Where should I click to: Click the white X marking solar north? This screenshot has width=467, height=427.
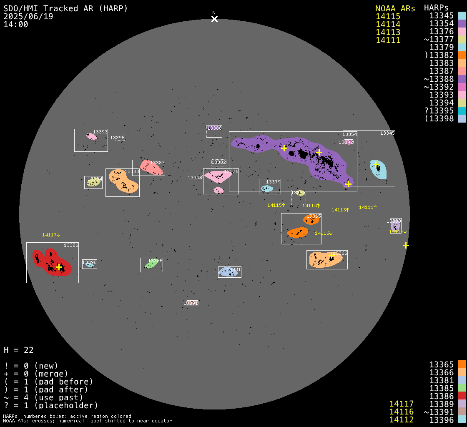pos(214,19)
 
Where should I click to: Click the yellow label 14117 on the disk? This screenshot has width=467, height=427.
pos(51,235)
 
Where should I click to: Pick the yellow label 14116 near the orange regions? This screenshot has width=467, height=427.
pos(323,234)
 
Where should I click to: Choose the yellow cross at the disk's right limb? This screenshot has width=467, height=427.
pos(406,245)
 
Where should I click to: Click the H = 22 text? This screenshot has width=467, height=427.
pos(19,350)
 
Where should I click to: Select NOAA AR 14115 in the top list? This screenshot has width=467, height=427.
pos(388,16)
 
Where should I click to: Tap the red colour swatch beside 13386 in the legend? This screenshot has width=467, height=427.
pos(462,395)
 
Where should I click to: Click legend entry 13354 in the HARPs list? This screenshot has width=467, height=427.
pos(441,24)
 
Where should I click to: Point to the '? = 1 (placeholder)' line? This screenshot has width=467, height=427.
pos(51,405)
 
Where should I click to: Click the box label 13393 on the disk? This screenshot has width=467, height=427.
pos(100,132)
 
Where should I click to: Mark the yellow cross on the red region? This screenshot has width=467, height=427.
pos(59,267)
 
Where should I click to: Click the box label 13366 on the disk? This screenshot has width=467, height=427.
pos(340,254)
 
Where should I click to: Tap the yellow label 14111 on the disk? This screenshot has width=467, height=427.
pos(368,207)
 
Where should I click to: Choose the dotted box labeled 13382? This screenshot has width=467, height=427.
pos(218,162)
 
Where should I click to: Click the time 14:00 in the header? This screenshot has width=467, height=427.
pos(16,24)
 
